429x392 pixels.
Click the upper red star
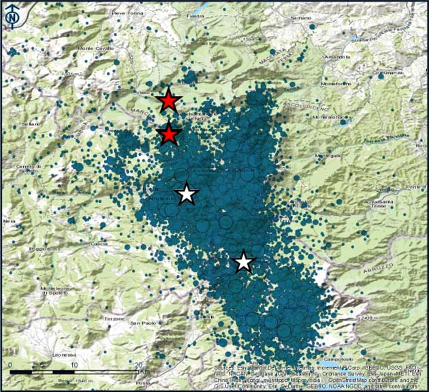pos(169,101)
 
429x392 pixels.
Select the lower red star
pos(169,135)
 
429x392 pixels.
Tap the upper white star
pos(187,195)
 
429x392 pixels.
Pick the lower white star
pos(243,262)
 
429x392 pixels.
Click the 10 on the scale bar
pos(73,365)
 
